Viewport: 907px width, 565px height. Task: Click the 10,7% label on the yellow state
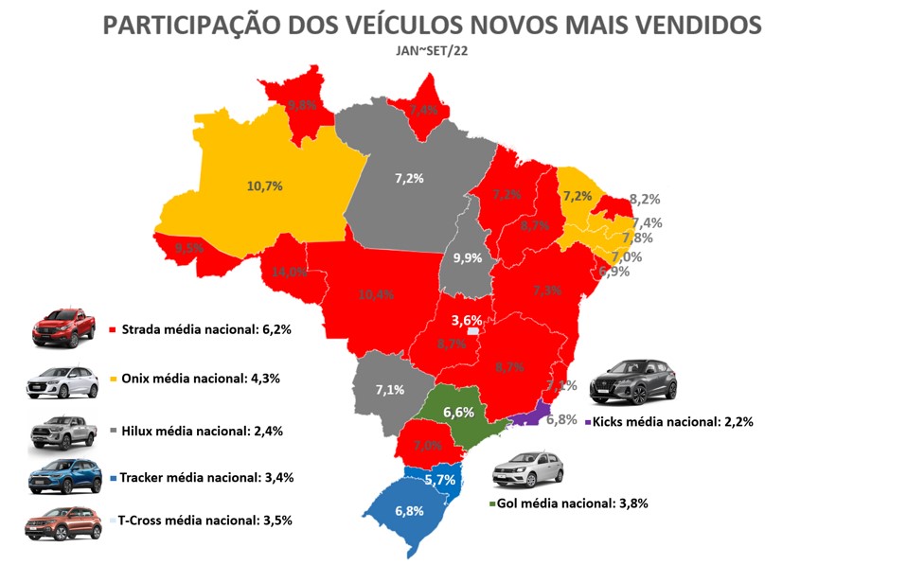(x=264, y=185)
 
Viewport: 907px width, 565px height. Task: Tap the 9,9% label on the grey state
(x=467, y=257)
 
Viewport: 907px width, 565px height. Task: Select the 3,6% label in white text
(x=467, y=320)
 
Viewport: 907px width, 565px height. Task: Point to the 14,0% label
(x=290, y=272)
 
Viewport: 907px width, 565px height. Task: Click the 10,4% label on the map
(x=377, y=294)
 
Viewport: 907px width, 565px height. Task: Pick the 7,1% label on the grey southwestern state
(x=388, y=389)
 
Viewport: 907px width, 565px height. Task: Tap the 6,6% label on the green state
(x=458, y=412)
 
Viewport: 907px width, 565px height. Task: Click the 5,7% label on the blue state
(x=439, y=480)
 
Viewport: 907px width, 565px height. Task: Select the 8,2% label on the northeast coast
(x=644, y=200)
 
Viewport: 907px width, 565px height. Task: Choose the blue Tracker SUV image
(x=62, y=476)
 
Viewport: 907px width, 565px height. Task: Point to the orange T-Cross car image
(x=60, y=523)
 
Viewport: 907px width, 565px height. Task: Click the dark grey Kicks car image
(x=632, y=381)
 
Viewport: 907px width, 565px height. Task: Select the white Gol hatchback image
(x=526, y=470)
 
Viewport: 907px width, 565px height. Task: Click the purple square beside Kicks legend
(x=588, y=422)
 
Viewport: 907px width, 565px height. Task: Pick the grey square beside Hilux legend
(x=114, y=431)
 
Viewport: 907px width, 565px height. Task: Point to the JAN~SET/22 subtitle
(x=431, y=51)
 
